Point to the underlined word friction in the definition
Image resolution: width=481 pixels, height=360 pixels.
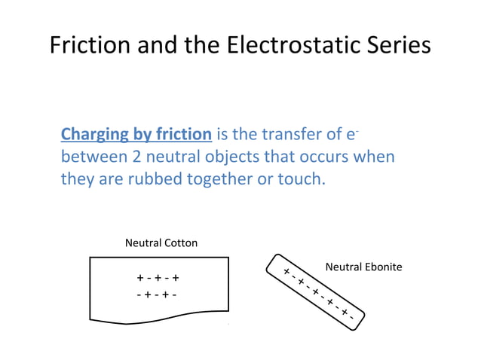click(182, 135)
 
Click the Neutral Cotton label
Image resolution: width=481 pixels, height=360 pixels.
click(161, 243)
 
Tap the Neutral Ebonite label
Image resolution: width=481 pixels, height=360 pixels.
click(363, 267)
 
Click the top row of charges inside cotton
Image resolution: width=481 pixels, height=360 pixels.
click(158, 278)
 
